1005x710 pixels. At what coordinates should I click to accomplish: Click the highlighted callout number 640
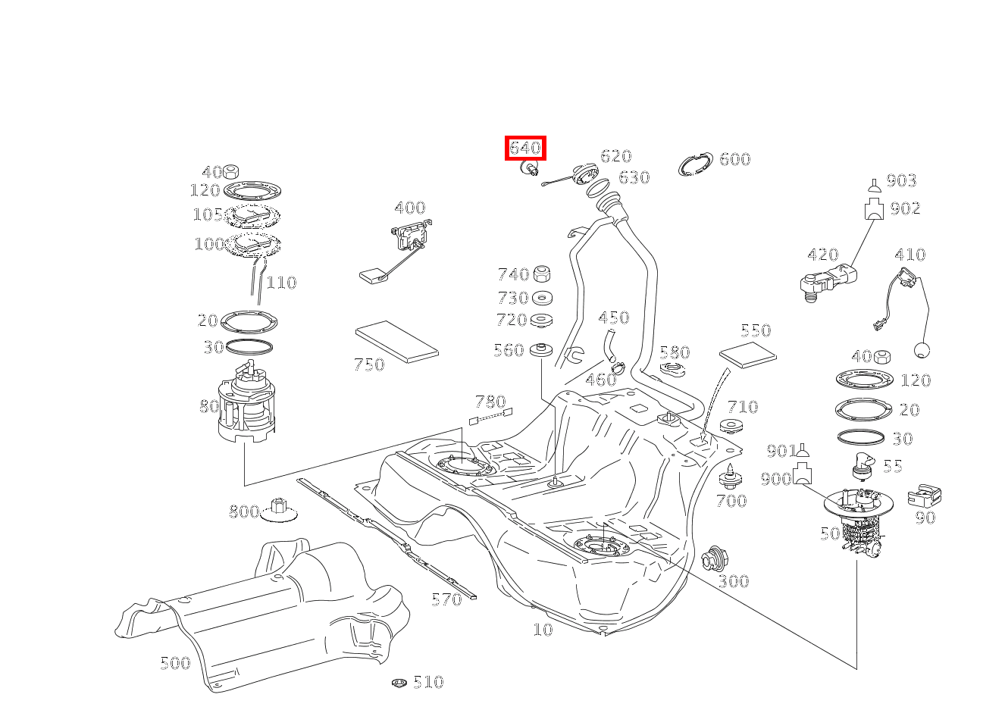(x=525, y=148)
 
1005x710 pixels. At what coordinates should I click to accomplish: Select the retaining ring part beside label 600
(x=695, y=164)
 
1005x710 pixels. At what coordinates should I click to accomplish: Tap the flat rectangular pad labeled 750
(x=396, y=339)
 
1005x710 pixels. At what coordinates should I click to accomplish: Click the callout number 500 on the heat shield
(x=174, y=663)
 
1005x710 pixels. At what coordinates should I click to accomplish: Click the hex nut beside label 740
(x=541, y=274)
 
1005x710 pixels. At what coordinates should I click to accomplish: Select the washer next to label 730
(x=541, y=298)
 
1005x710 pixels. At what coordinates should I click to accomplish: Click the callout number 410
(x=910, y=255)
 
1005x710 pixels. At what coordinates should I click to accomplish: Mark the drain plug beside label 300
(x=712, y=558)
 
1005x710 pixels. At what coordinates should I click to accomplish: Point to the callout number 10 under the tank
(x=543, y=629)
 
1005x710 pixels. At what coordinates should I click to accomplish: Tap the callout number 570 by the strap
(x=446, y=599)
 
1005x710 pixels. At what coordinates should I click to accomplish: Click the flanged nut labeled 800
(x=278, y=511)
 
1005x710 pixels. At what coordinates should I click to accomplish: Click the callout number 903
(x=901, y=180)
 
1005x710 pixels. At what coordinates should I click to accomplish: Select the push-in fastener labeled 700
(x=730, y=475)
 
